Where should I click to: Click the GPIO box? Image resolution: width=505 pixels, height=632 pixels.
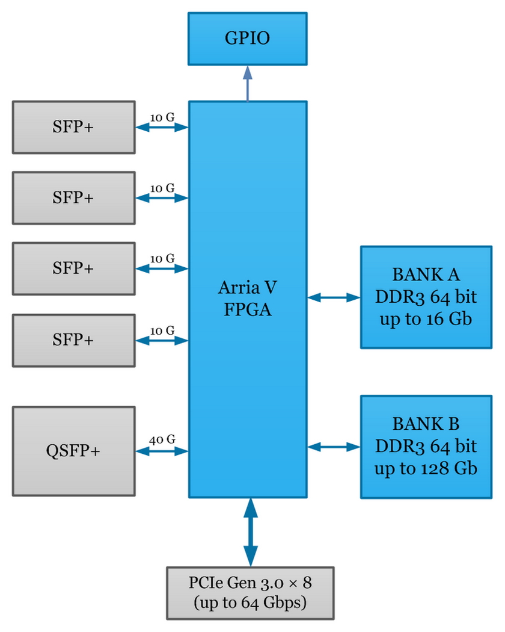(247, 39)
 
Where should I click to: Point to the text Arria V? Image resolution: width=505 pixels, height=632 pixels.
(248, 288)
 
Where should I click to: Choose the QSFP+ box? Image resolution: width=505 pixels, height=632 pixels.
(73, 451)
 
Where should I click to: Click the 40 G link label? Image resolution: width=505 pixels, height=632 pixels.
(162, 439)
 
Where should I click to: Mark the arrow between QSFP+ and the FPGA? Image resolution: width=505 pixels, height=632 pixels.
(162, 451)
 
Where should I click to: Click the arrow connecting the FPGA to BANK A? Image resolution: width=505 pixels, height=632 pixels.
(334, 297)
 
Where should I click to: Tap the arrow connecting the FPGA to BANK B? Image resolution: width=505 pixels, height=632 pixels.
(334, 447)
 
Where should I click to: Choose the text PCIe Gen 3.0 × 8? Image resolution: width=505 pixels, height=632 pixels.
(249, 583)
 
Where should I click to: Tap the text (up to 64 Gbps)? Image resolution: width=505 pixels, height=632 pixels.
(249, 603)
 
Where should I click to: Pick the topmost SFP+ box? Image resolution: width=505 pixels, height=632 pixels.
(73, 127)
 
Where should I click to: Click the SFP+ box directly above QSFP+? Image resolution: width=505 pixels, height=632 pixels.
(73, 339)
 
